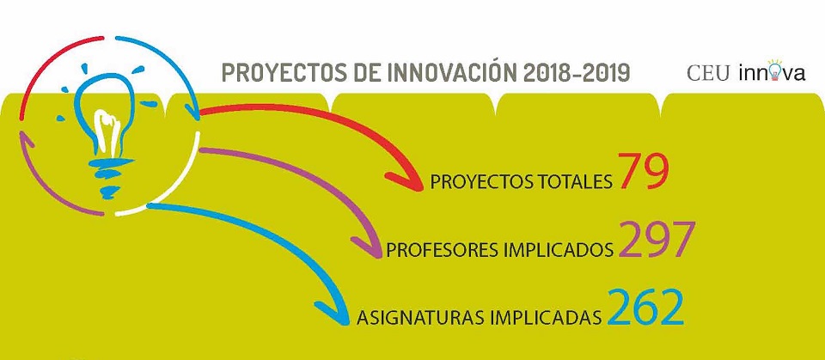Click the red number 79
643,170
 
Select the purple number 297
657,239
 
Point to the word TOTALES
563,182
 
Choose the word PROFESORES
443,250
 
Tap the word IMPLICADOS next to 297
559,250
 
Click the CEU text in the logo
707,74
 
